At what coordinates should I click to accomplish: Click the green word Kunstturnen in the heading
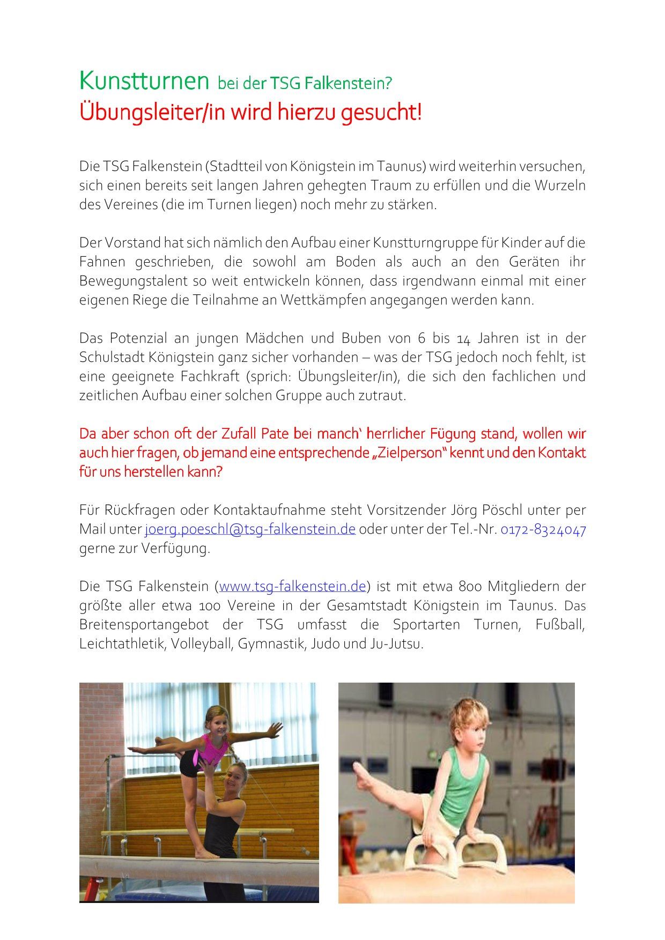[144, 81]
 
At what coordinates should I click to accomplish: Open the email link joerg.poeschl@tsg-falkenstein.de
[250, 529]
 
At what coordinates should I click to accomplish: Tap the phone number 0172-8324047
[543, 529]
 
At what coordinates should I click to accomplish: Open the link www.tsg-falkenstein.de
[292, 586]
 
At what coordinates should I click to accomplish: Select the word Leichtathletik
[123, 643]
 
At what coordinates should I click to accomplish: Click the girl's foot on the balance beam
[206, 855]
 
